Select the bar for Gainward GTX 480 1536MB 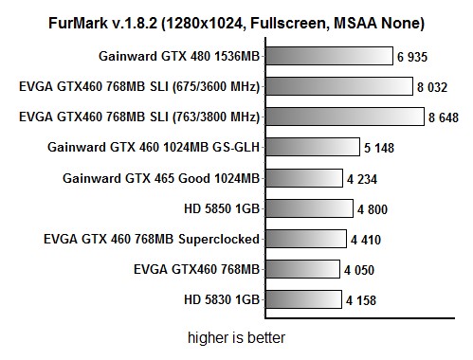click(x=328, y=57)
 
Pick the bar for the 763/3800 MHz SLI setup click(x=344, y=117)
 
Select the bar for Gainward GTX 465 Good click(x=302, y=178)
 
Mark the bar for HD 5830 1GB click(x=301, y=299)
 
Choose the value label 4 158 click(x=363, y=300)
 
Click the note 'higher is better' click(x=236, y=336)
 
